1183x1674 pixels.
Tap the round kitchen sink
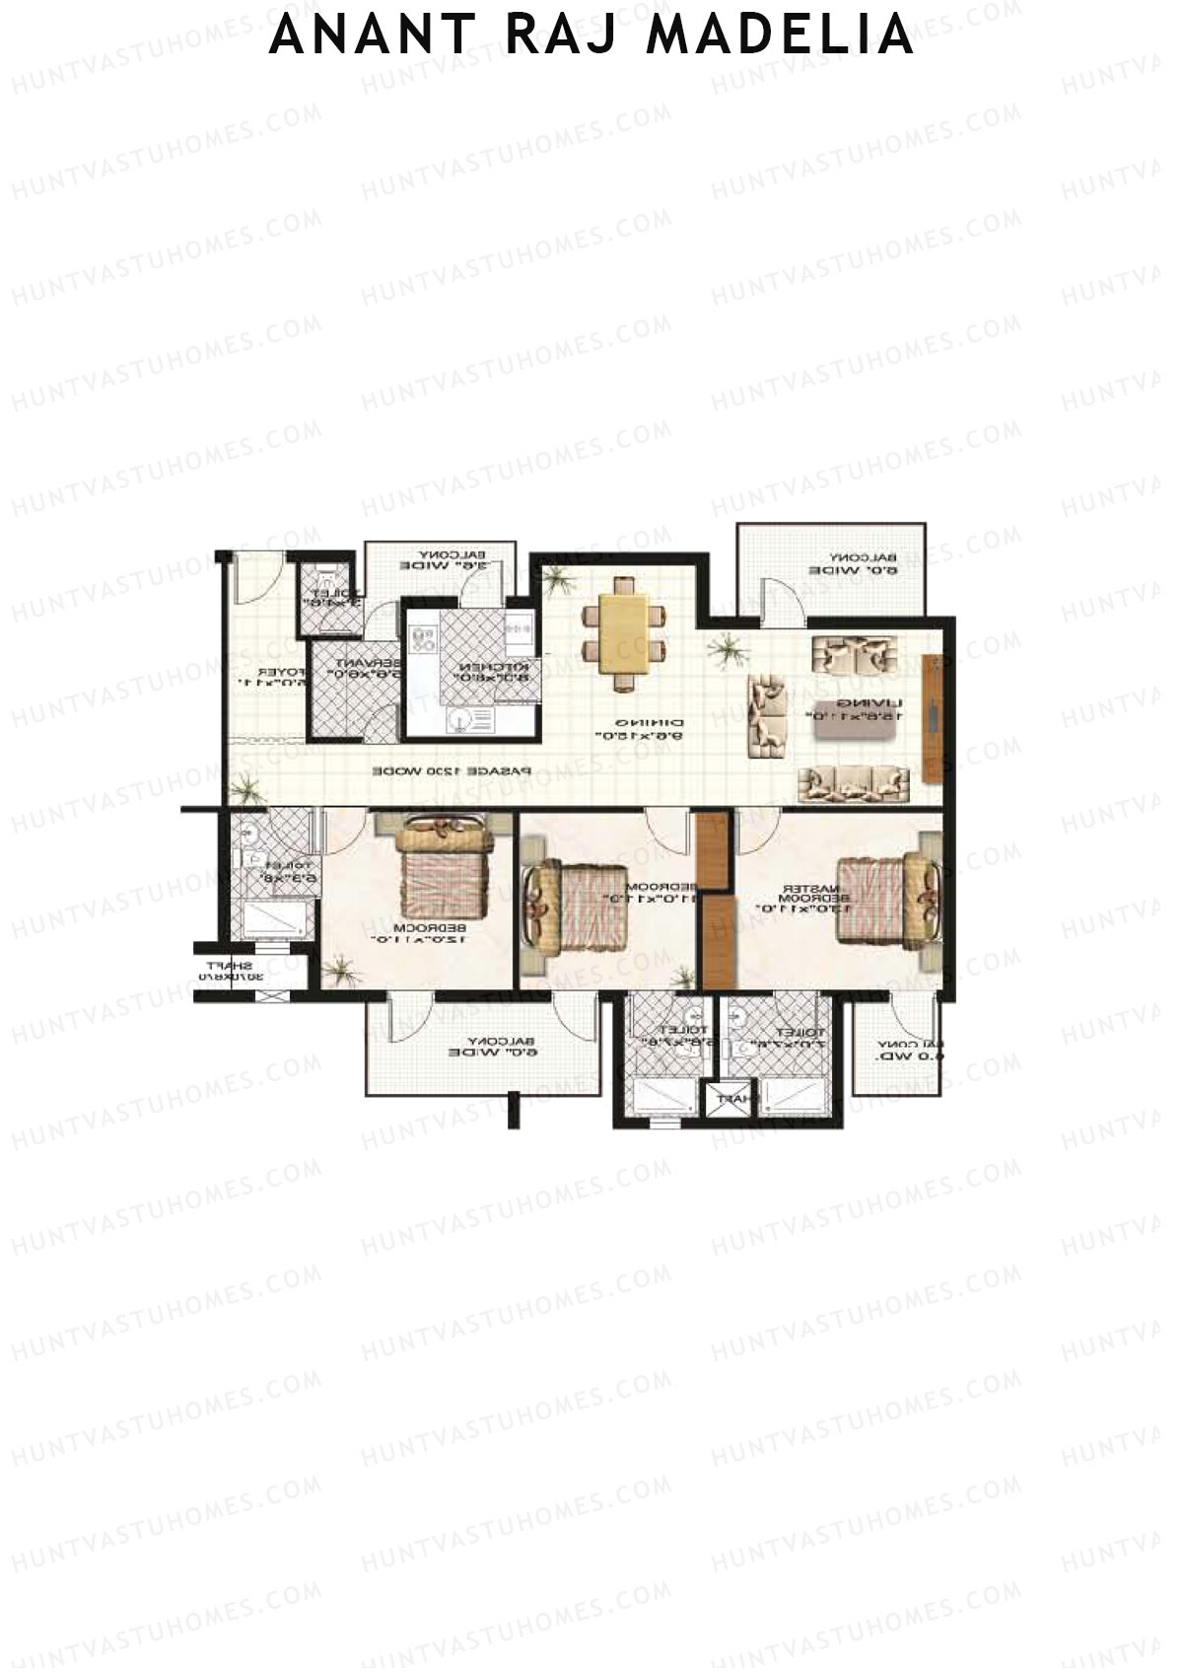pyautogui.click(x=455, y=721)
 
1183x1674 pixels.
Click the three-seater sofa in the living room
pyautogui.click(x=853, y=783)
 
